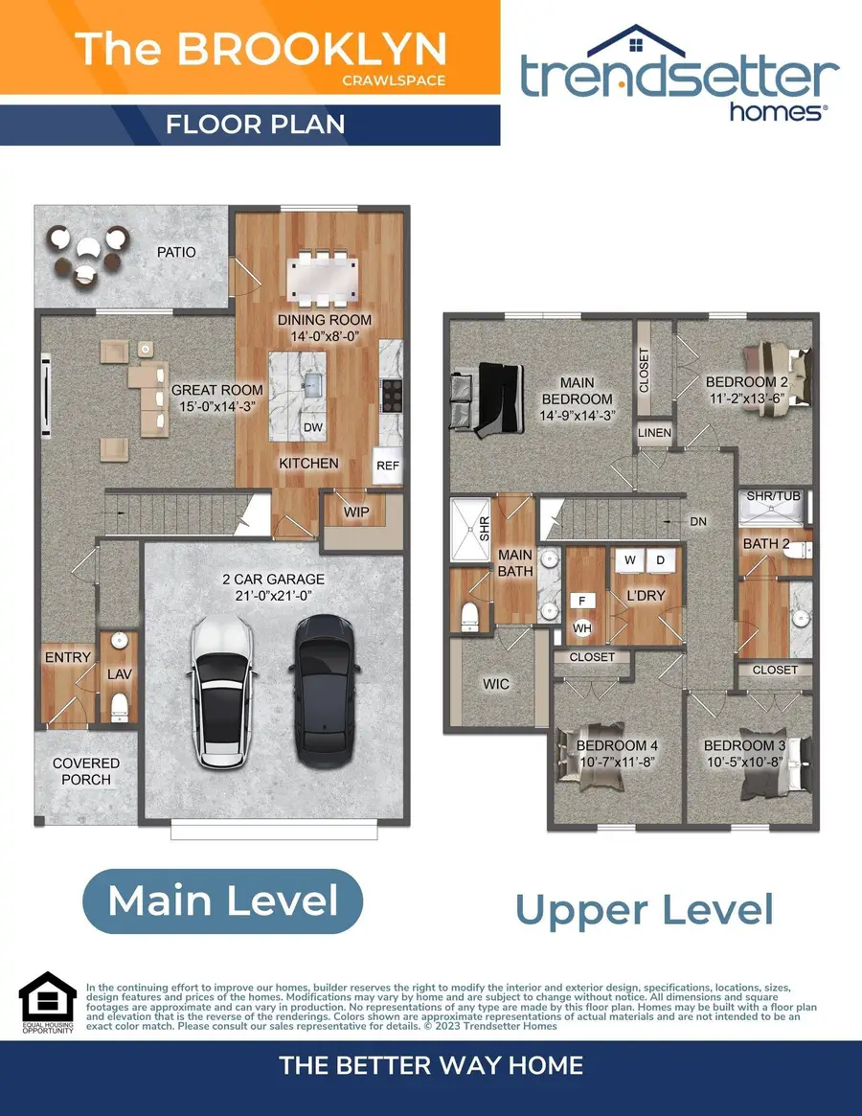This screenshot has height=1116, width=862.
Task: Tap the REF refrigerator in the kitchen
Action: point(387,466)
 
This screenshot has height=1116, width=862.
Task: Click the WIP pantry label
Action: point(356,512)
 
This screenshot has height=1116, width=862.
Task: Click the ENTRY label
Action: point(67,657)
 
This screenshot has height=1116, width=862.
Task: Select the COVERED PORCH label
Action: point(86,771)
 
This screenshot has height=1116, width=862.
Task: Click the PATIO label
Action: point(176,252)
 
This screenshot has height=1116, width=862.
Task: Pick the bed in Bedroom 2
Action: point(777,374)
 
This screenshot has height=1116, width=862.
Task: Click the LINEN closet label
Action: point(655,433)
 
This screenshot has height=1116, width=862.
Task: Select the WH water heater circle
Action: point(582,628)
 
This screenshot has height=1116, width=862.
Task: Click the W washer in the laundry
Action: point(630,558)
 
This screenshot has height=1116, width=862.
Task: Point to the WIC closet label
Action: point(496,684)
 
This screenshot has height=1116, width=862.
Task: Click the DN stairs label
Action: point(698,521)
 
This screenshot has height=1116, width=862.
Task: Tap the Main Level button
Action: point(222,901)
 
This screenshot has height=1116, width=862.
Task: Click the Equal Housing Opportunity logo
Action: point(47,1002)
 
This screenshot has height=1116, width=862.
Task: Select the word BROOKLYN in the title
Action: point(312,49)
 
